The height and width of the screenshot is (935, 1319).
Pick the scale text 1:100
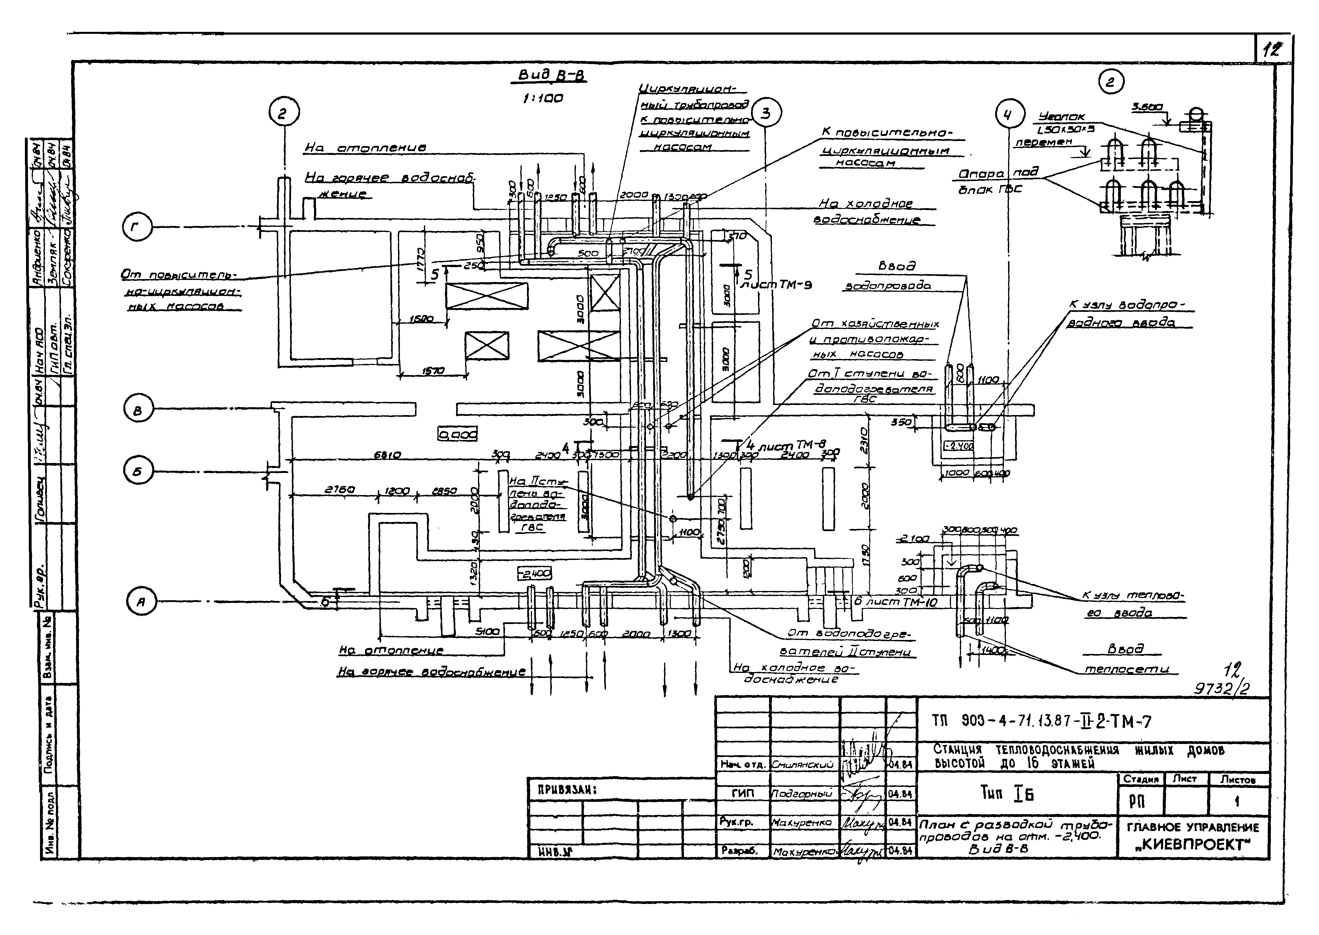(x=543, y=98)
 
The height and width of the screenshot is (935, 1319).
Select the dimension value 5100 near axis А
(x=487, y=632)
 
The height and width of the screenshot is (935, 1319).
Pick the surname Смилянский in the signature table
(x=802, y=765)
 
